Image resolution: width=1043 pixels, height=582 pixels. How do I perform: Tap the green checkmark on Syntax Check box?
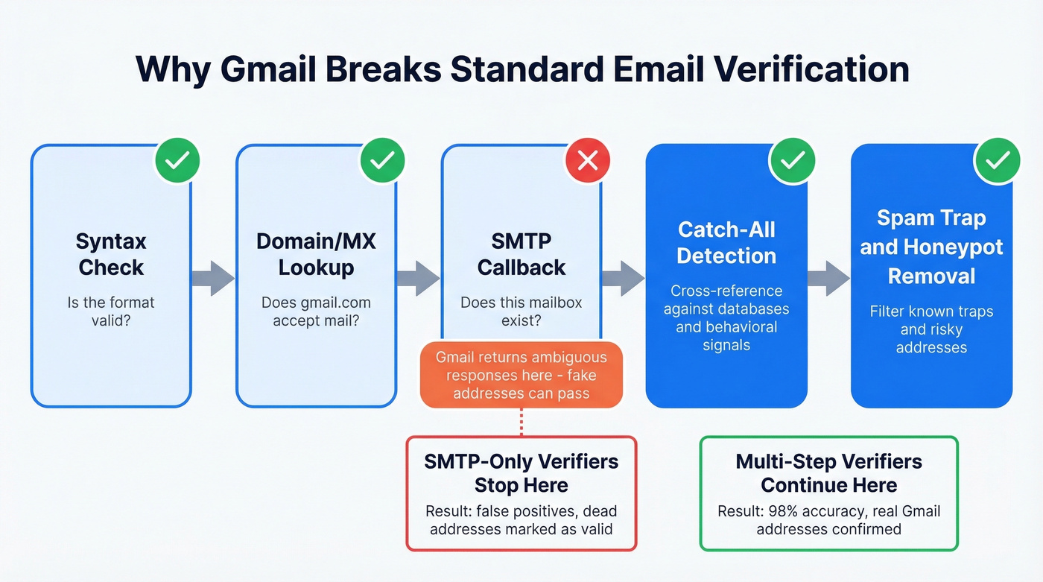(x=177, y=159)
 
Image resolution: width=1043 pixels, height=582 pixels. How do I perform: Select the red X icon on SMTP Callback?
(x=588, y=160)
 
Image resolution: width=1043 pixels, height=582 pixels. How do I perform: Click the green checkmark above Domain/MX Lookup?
(x=382, y=159)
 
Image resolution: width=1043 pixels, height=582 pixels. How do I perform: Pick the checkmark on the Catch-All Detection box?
(x=792, y=159)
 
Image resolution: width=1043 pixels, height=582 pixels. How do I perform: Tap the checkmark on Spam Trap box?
(x=998, y=159)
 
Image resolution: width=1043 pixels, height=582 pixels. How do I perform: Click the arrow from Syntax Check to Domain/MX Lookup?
(x=213, y=278)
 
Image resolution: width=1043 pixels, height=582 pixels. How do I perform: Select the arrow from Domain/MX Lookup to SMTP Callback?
(x=418, y=278)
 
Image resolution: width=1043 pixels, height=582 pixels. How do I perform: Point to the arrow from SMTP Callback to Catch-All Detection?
(x=623, y=278)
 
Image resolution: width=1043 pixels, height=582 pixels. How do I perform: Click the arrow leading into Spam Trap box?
(x=828, y=278)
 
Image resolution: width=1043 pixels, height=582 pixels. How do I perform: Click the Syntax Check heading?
(x=111, y=254)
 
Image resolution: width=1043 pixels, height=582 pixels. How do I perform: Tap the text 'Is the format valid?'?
(x=111, y=311)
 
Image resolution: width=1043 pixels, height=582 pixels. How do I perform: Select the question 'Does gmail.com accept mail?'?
(x=316, y=311)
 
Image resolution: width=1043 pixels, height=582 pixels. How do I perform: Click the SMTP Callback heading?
(x=521, y=254)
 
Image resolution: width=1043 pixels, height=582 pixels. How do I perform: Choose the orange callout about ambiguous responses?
(x=521, y=375)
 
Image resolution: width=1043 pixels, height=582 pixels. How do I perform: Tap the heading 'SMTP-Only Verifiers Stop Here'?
(x=521, y=473)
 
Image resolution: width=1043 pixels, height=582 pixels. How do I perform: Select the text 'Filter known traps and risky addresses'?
(x=931, y=329)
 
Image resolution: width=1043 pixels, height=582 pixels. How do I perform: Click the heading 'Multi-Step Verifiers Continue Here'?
(x=828, y=473)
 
